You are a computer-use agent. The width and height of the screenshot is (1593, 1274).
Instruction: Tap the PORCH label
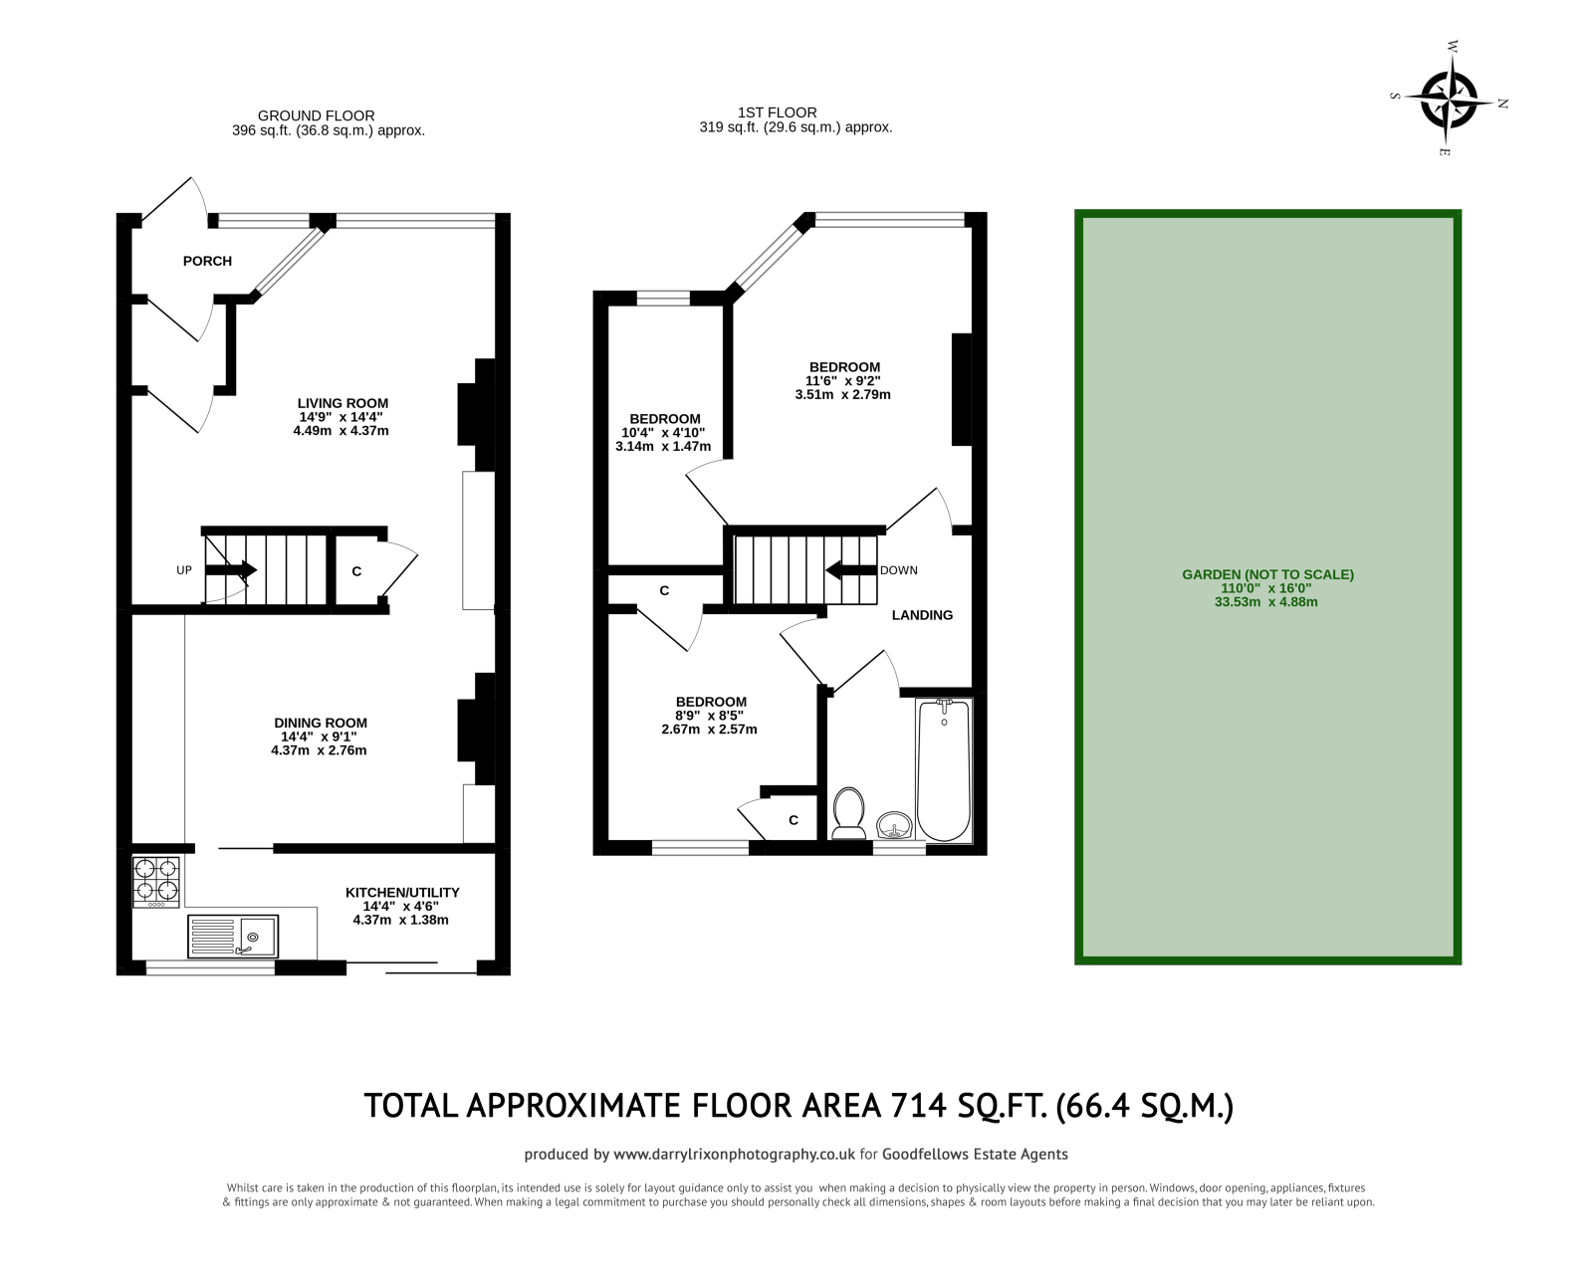pos(207,261)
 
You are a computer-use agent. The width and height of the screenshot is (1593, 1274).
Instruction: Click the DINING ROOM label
pos(320,723)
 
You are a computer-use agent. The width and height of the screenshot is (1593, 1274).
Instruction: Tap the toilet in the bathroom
pos(848,809)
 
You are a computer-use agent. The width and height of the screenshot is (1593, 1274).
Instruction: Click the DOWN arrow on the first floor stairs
pos(849,570)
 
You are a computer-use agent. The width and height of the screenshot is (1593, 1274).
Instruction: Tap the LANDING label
pos(922,615)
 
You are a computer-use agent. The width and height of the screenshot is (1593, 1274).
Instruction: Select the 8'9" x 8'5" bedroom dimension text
pos(709,715)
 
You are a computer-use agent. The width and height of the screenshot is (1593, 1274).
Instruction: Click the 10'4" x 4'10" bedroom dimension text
pos(663,432)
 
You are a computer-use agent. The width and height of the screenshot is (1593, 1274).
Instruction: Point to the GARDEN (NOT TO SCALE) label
pos(1267,574)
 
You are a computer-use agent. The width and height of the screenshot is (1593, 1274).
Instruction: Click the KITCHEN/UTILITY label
pos(402,893)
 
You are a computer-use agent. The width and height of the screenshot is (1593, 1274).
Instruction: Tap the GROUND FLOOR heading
pos(316,115)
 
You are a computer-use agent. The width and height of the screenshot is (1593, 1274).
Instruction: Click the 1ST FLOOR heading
pos(777,112)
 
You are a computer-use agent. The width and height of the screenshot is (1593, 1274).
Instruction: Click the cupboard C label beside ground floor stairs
pos(356,571)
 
